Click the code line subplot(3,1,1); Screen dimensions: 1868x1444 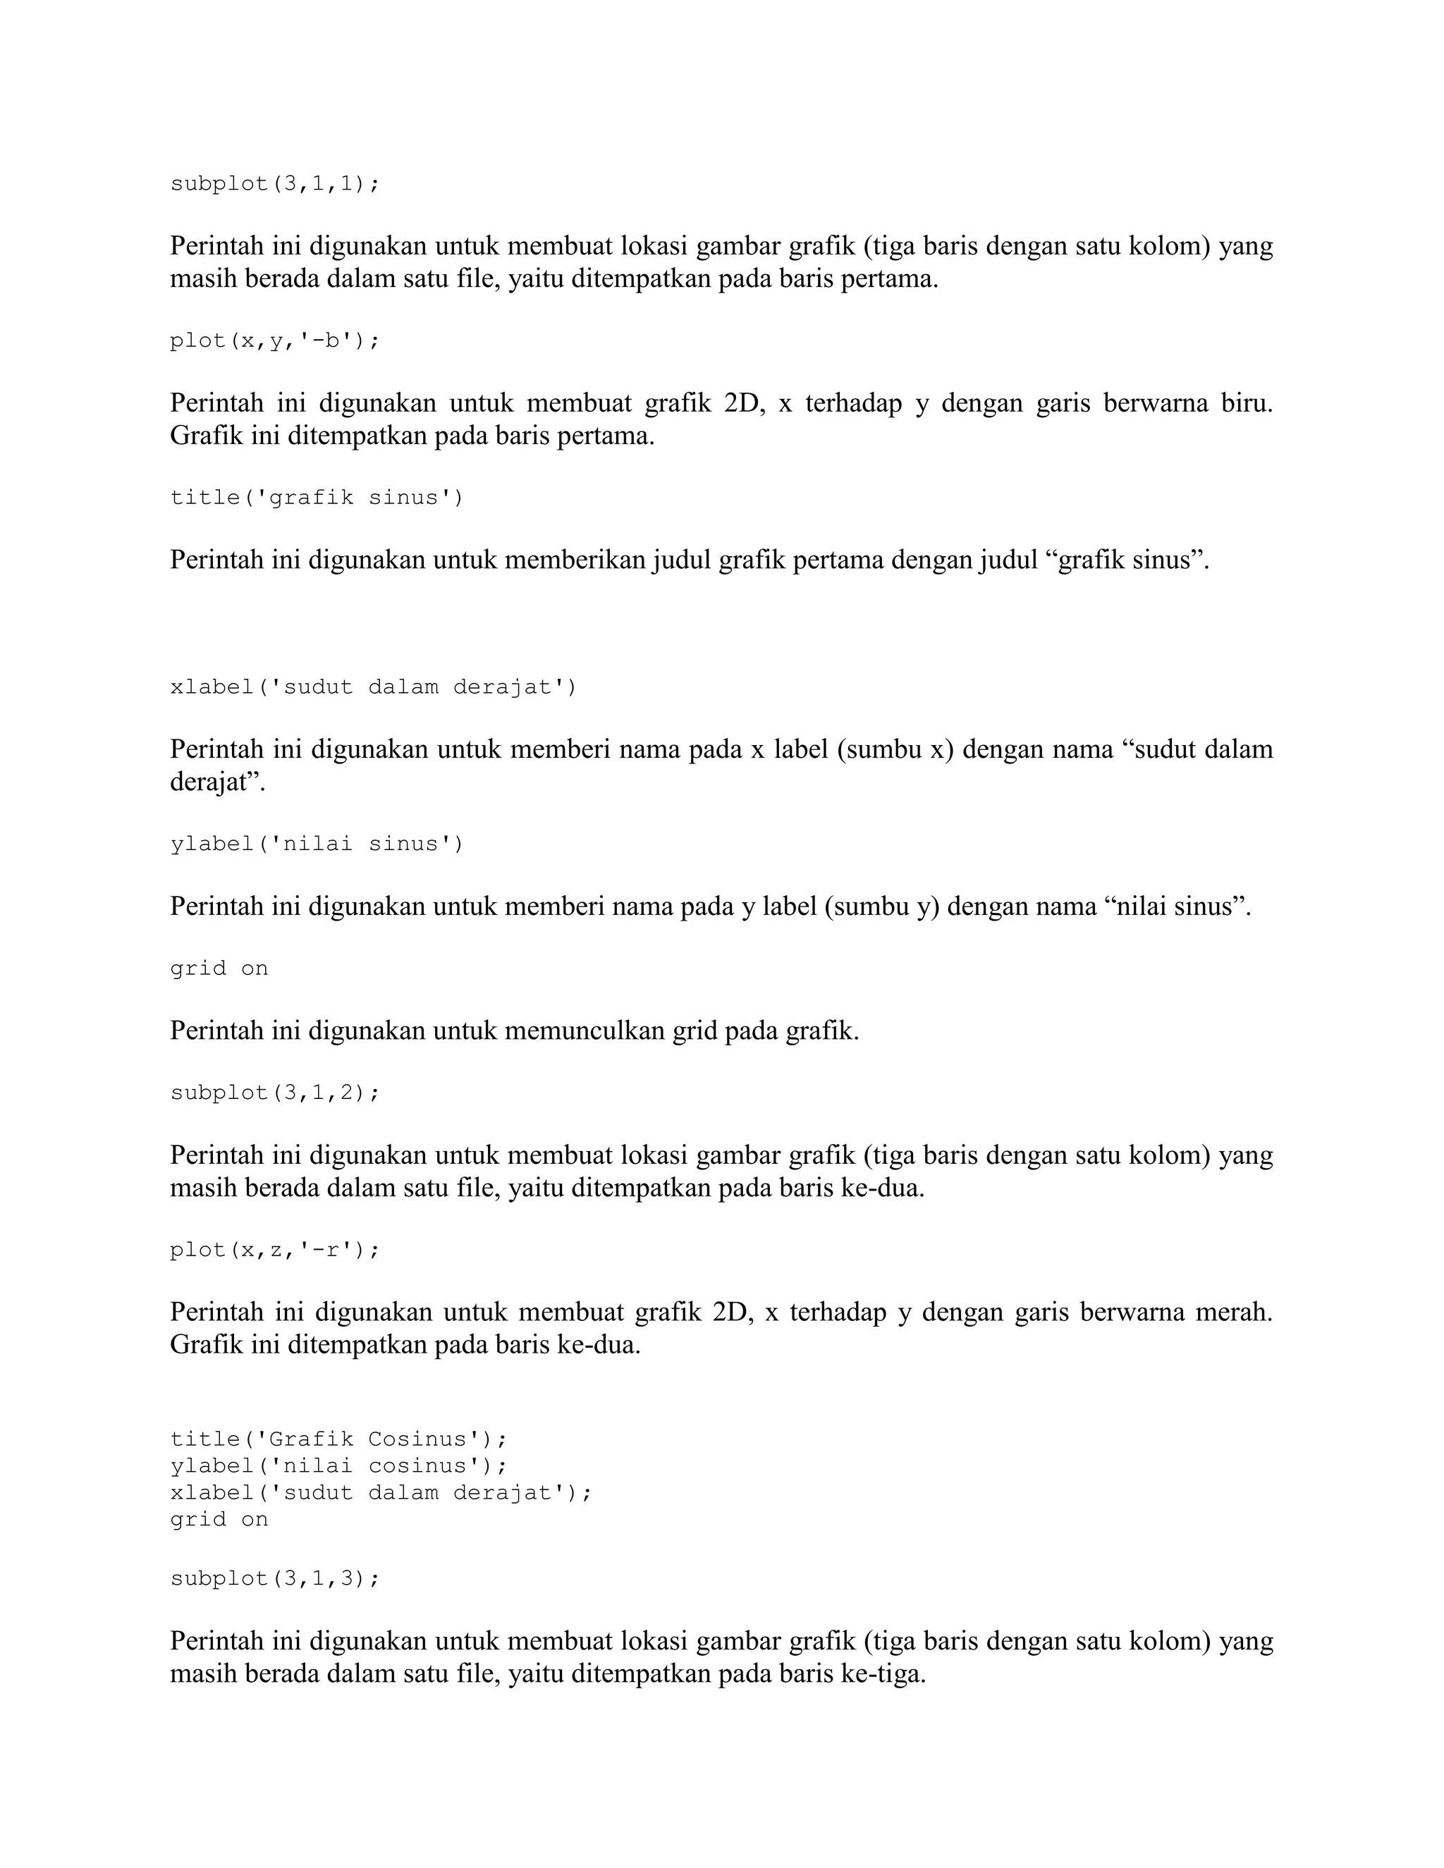[x=274, y=184]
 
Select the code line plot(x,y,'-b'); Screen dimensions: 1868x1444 [x=274, y=340]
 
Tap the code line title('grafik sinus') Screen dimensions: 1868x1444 [x=317, y=498]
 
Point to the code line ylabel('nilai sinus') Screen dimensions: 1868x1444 [x=317, y=844]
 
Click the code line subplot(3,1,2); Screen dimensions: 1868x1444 [x=274, y=1093]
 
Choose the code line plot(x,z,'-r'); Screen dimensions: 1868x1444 [x=274, y=1250]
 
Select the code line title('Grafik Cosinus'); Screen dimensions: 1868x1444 [x=338, y=1439]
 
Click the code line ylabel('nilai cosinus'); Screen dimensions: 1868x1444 [x=338, y=1466]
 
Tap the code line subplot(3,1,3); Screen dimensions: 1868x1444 [x=274, y=1578]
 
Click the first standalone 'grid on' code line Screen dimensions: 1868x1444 [x=219, y=969]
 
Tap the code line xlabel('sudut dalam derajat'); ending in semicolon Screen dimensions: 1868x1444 [x=381, y=1492]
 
